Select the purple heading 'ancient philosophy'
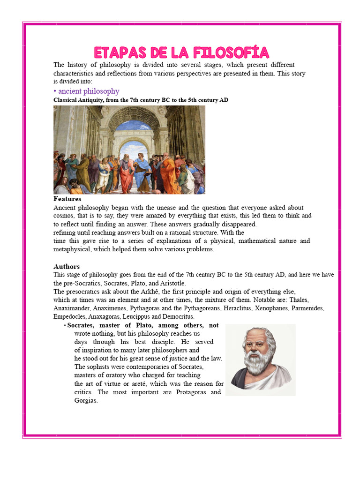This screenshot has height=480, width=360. [89, 91]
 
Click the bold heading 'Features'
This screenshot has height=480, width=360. [67, 199]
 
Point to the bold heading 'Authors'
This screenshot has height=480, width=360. [67, 266]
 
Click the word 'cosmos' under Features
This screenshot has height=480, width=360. [64, 216]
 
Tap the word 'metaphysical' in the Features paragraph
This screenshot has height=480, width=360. [72, 249]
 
